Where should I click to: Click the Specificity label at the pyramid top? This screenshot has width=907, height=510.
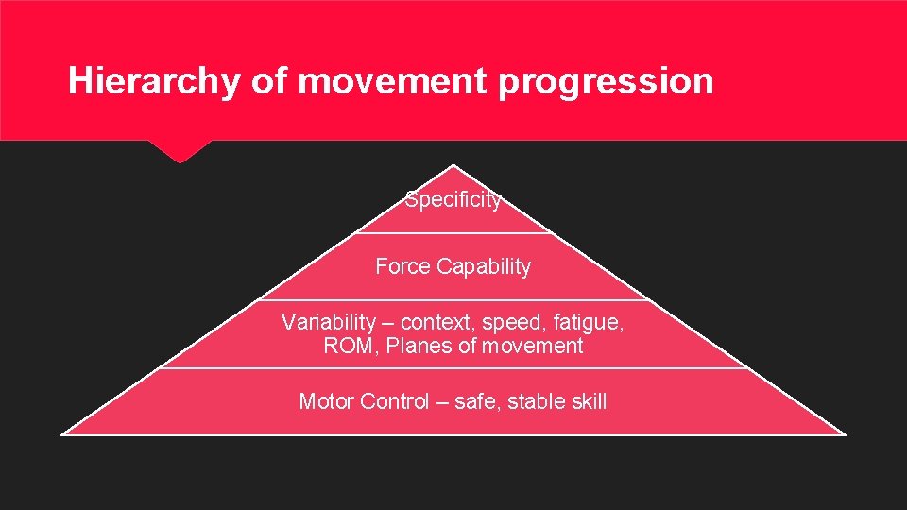pos(453,200)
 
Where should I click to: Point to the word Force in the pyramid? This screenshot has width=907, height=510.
pos(402,266)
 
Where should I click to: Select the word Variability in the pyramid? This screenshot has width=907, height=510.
pos(326,322)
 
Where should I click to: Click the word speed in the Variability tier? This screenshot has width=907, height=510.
pos(518,322)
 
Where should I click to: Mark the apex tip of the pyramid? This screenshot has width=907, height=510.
pos(453,166)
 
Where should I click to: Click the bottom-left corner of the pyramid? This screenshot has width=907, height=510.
pos(62,434)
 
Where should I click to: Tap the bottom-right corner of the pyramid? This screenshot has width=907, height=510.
pos(845,434)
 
